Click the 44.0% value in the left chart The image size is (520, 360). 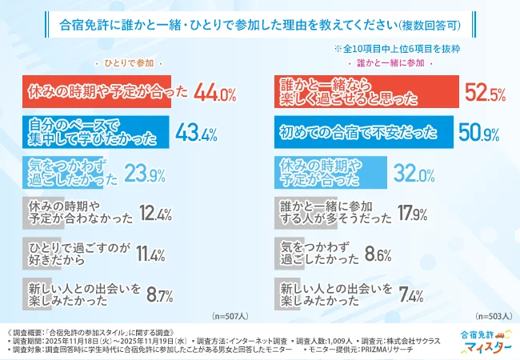point(214,94)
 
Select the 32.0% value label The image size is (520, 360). point(413,173)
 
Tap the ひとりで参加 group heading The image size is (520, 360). point(129,62)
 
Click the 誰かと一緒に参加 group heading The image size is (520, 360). point(390,62)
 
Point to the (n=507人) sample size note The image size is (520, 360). point(233,315)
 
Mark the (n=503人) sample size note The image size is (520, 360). point(493,315)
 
